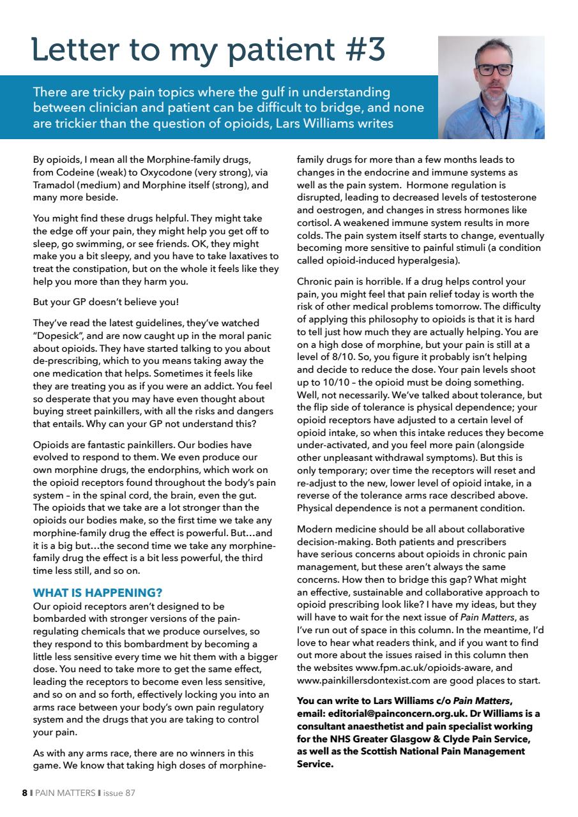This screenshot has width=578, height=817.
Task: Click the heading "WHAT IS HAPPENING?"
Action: (x=97, y=592)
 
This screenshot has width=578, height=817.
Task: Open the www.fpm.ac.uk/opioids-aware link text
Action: (x=420, y=668)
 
